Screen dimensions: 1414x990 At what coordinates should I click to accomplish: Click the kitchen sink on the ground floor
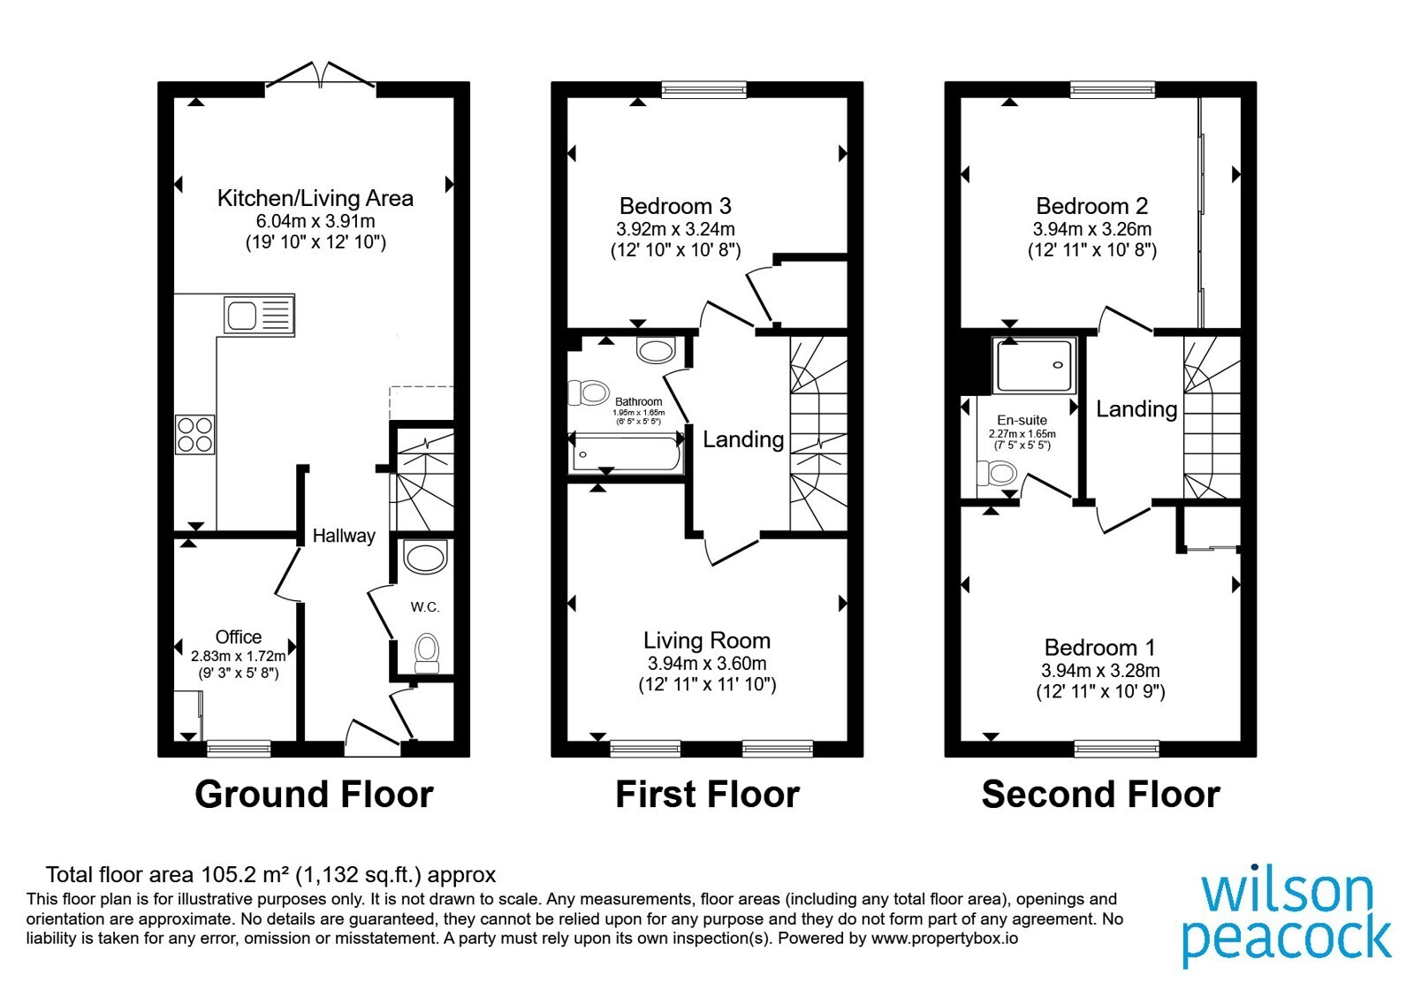point(260,315)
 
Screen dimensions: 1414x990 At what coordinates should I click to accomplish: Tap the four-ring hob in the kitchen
point(195,434)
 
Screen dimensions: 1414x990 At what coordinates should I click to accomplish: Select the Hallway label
point(344,536)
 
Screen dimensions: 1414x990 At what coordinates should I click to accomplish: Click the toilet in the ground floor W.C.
point(427,653)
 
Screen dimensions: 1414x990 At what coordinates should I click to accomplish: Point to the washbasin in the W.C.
point(425,557)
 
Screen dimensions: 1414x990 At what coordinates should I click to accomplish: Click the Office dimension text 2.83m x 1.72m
point(239,656)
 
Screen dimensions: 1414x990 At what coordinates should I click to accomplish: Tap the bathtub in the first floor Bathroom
point(626,454)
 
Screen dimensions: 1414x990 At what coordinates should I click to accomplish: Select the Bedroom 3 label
point(675,206)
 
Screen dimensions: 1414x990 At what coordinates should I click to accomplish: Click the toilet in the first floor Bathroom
point(589,392)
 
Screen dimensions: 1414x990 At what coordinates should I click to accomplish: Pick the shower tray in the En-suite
point(1034,366)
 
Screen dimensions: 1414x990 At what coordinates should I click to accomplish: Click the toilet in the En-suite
point(997,472)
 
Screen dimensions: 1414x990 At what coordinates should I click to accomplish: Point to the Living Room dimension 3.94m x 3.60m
point(707,664)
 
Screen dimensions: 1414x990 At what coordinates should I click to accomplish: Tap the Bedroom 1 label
point(1100,648)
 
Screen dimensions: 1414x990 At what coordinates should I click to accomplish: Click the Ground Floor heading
point(314,795)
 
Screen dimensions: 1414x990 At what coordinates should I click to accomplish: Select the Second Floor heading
point(1100,795)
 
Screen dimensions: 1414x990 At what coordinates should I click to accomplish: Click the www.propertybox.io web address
point(945,938)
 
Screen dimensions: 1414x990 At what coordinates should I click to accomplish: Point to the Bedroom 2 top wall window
point(1113,89)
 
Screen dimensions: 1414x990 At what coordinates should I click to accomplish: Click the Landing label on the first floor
point(743,439)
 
